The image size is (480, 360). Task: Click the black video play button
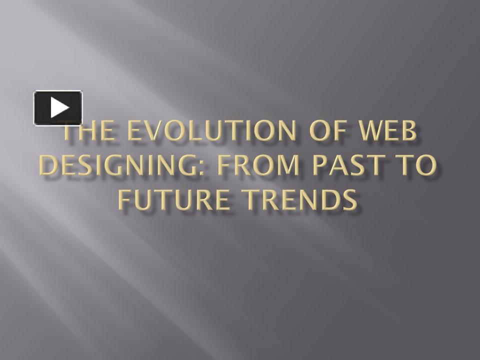tap(58, 107)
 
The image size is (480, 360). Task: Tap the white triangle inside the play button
tap(59, 107)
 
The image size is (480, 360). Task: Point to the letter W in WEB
tap(370, 132)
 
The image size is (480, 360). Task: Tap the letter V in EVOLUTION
tap(150, 132)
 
